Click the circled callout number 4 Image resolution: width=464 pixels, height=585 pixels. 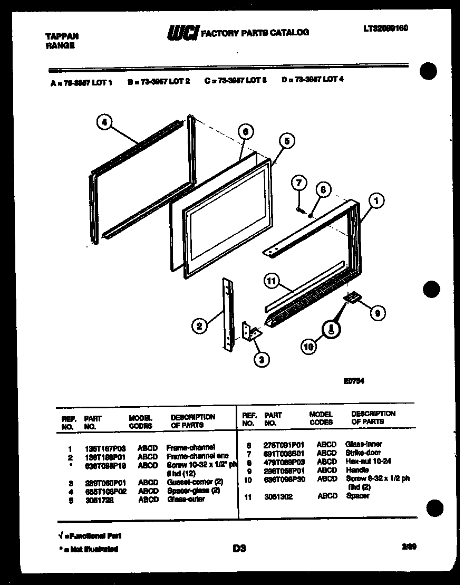(105, 122)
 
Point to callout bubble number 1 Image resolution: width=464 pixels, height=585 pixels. (376, 200)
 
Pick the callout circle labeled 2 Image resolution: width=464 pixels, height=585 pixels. (199, 327)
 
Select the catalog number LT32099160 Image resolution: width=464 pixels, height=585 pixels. (386, 28)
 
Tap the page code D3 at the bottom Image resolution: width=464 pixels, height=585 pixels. (239, 549)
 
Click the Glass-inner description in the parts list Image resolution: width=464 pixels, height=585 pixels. (363, 444)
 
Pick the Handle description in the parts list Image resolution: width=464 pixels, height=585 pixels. (357, 469)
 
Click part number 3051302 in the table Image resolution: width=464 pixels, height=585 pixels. (278, 496)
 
